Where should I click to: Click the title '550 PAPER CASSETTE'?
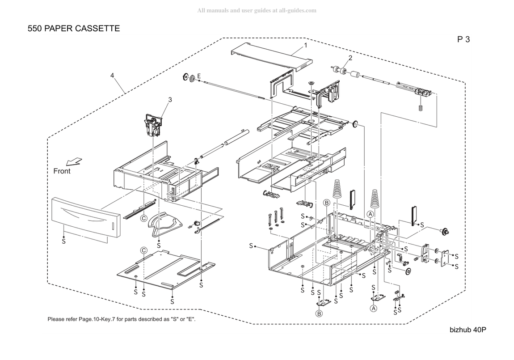point(74,29)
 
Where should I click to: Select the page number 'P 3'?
point(463,39)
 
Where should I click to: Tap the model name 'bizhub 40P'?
point(468,330)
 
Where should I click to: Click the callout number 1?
point(306,45)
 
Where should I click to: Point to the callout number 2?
point(350,58)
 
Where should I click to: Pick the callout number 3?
point(170,99)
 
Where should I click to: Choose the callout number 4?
point(112,76)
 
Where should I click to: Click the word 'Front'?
point(62,171)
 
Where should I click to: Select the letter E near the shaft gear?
point(198,76)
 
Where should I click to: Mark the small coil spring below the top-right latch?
point(421,107)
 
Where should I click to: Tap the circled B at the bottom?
point(319,314)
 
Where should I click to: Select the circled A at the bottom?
point(373,309)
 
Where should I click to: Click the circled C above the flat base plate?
point(143,250)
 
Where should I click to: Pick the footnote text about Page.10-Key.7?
point(122,319)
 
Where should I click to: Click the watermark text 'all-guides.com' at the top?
point(298,10)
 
